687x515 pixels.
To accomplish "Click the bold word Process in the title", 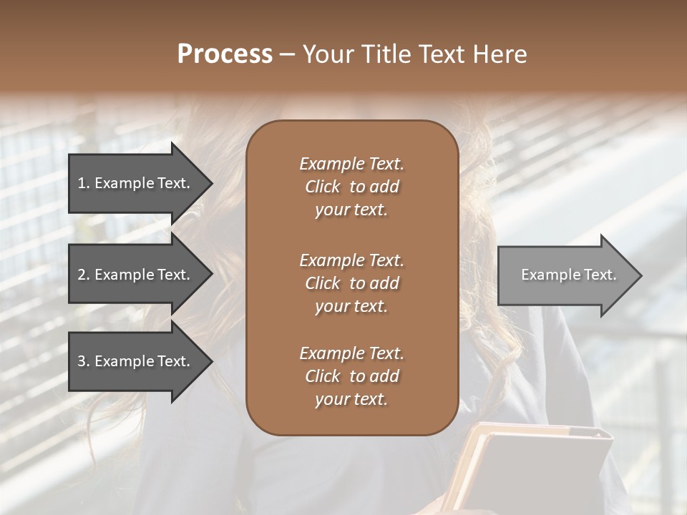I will coord(225,54).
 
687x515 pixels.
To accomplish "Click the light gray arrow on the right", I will coord(569,275).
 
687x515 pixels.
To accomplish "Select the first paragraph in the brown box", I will coord(351,187).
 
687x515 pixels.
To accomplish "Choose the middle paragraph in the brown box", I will coord(351,283).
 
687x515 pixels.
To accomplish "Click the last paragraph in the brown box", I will coord(351,376).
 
